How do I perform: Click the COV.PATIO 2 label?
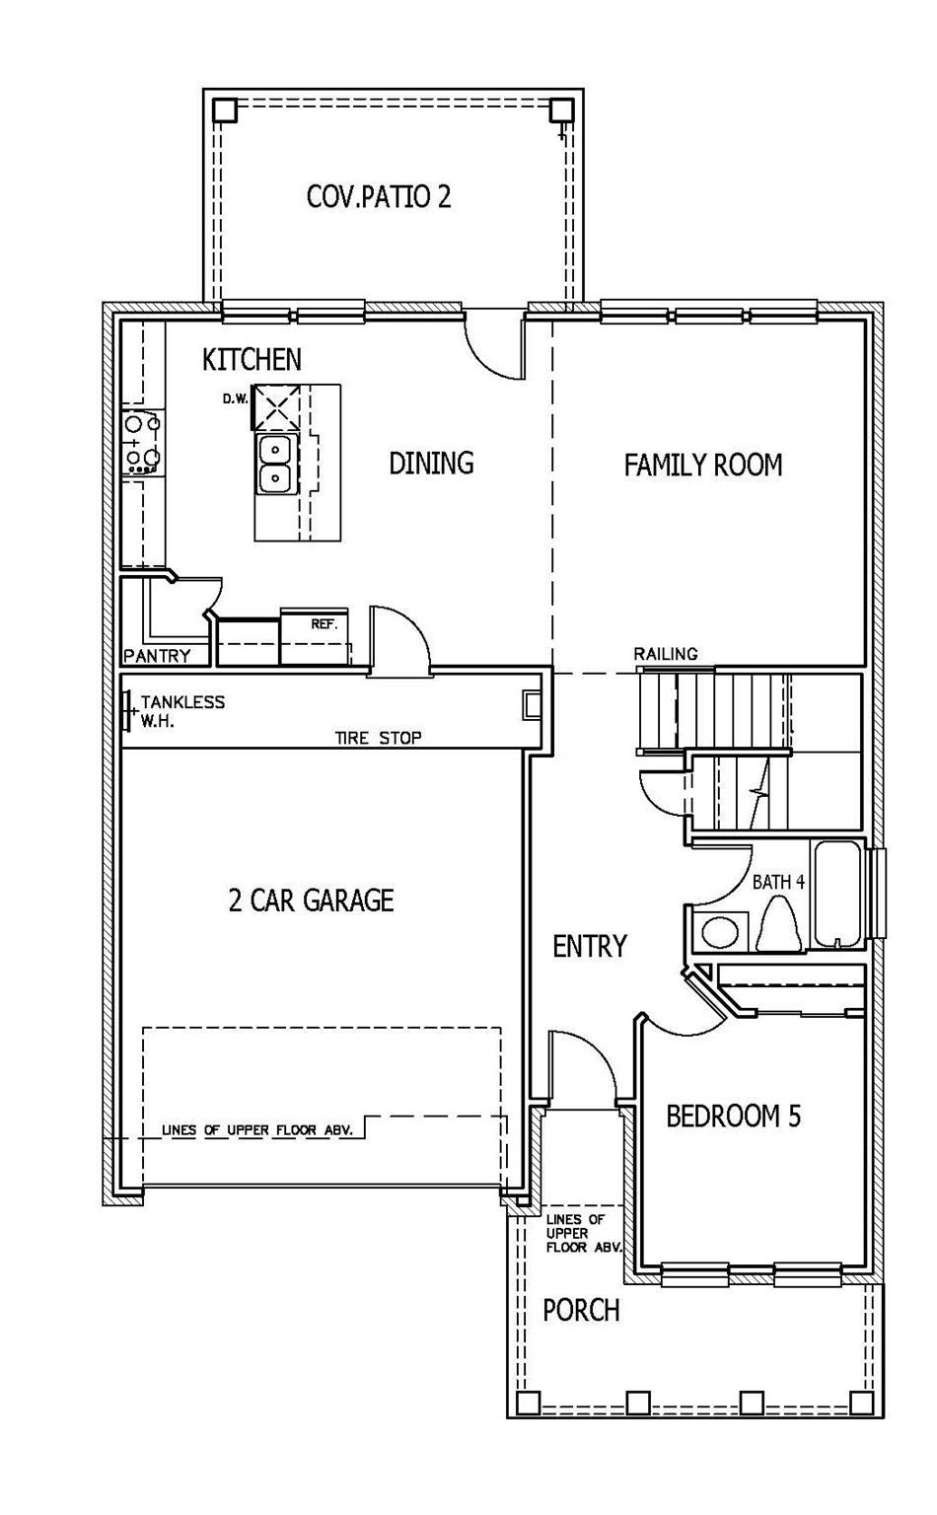(x=379, y=196)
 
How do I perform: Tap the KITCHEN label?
(x=252, y=360)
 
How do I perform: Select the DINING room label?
(x=431, y=463)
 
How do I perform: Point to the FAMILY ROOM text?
(x=702, y=465)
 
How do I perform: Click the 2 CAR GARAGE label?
(x=311, y=900)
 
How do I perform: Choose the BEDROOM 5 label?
(x=733, y=1117)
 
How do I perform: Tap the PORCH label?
(x=581, y=1310)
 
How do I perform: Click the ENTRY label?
(x=589, y=947)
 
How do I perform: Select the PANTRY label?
(x=157, y=656)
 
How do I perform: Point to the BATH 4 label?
(x=778, y=882)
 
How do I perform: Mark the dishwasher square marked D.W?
(x=277, y=405)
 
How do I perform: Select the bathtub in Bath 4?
(x=839, y=894)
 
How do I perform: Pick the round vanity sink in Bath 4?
(x=717, y=932)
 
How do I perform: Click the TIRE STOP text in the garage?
(x=378, y=738)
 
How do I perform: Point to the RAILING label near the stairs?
(x=665, y=654)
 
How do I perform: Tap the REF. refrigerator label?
(x=324, y=624)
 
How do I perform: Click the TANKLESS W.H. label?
(x=181, y=710)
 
